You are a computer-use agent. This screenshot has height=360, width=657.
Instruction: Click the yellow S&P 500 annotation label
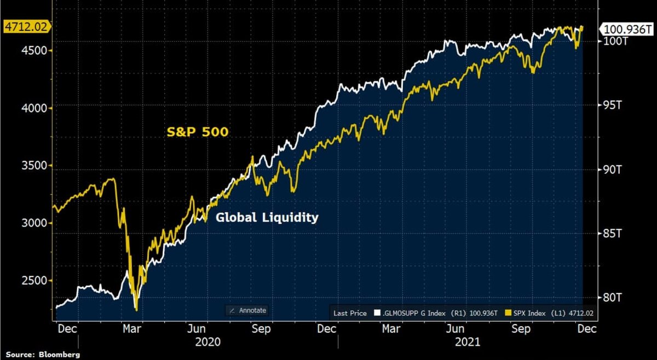click(x=198, y=132)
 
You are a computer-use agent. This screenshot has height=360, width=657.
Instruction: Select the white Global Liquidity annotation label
click(x=267, y=217)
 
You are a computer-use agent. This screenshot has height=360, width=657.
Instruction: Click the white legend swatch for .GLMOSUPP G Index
click(x=377, y=313)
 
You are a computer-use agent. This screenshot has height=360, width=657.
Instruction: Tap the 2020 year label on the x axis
click(x=208, y=342)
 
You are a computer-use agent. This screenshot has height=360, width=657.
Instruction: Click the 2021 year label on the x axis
click(x=466, y=342)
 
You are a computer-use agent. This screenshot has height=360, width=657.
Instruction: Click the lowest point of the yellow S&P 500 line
click(x=136, y=310)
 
